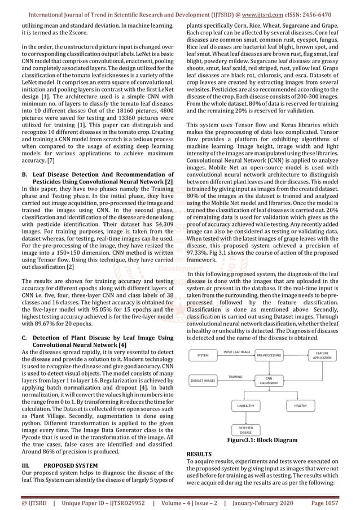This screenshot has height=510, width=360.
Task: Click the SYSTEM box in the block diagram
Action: coord(203,356)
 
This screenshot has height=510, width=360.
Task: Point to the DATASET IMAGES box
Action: coord(203,381)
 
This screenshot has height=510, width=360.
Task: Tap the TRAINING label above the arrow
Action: coord(235,376)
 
